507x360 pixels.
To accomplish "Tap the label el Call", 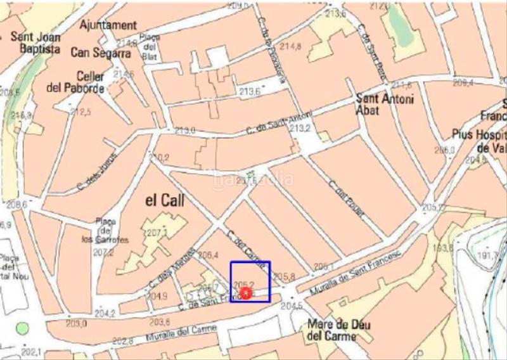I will coord(165,201).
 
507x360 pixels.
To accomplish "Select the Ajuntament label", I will coord(108,25).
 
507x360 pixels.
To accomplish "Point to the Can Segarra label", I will coord(101,53).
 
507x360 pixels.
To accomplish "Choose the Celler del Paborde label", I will coord(75,82).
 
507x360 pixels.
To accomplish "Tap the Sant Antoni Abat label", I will coord(385,104).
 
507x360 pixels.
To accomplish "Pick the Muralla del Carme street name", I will coord(181,333).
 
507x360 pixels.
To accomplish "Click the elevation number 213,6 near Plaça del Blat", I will coord(250,92).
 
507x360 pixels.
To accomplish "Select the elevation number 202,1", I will coord(30,352).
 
